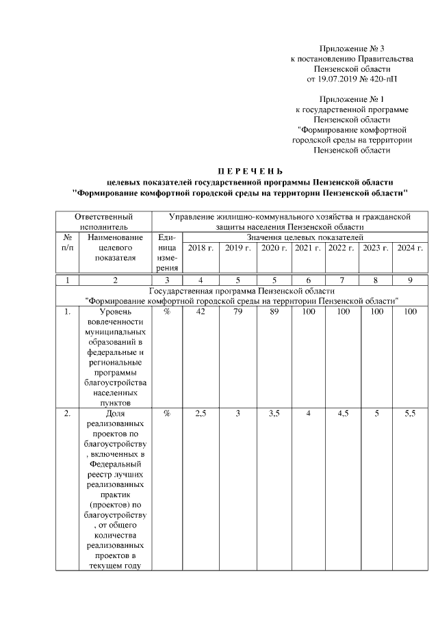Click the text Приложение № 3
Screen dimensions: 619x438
(352, 49)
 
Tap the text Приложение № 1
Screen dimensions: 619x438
(352, 99)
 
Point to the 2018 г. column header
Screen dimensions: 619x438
(201, 248)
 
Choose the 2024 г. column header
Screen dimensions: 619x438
(410, 248)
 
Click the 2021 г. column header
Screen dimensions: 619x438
(308, 248)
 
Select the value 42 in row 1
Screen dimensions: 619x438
(201, 312)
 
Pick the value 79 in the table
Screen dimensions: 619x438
(237, 312)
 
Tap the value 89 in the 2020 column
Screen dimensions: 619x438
(274, 312)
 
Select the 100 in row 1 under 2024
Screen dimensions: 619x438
(410, 312)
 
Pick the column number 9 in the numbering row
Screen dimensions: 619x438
(410, 280)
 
